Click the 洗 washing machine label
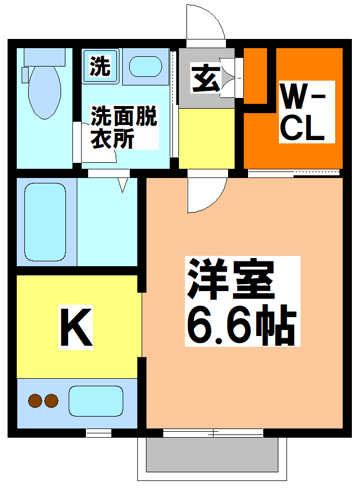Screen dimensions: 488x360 100,67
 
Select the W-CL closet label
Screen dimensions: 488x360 303,112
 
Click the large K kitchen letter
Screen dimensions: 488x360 76,327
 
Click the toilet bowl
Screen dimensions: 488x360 44,92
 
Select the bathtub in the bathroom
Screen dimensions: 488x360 46,221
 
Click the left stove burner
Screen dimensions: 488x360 36,401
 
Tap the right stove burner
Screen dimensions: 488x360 51,401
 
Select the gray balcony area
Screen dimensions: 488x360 214,454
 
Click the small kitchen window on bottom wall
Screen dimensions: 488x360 99,432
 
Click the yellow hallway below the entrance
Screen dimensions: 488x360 206,138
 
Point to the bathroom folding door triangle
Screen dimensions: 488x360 123,186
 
